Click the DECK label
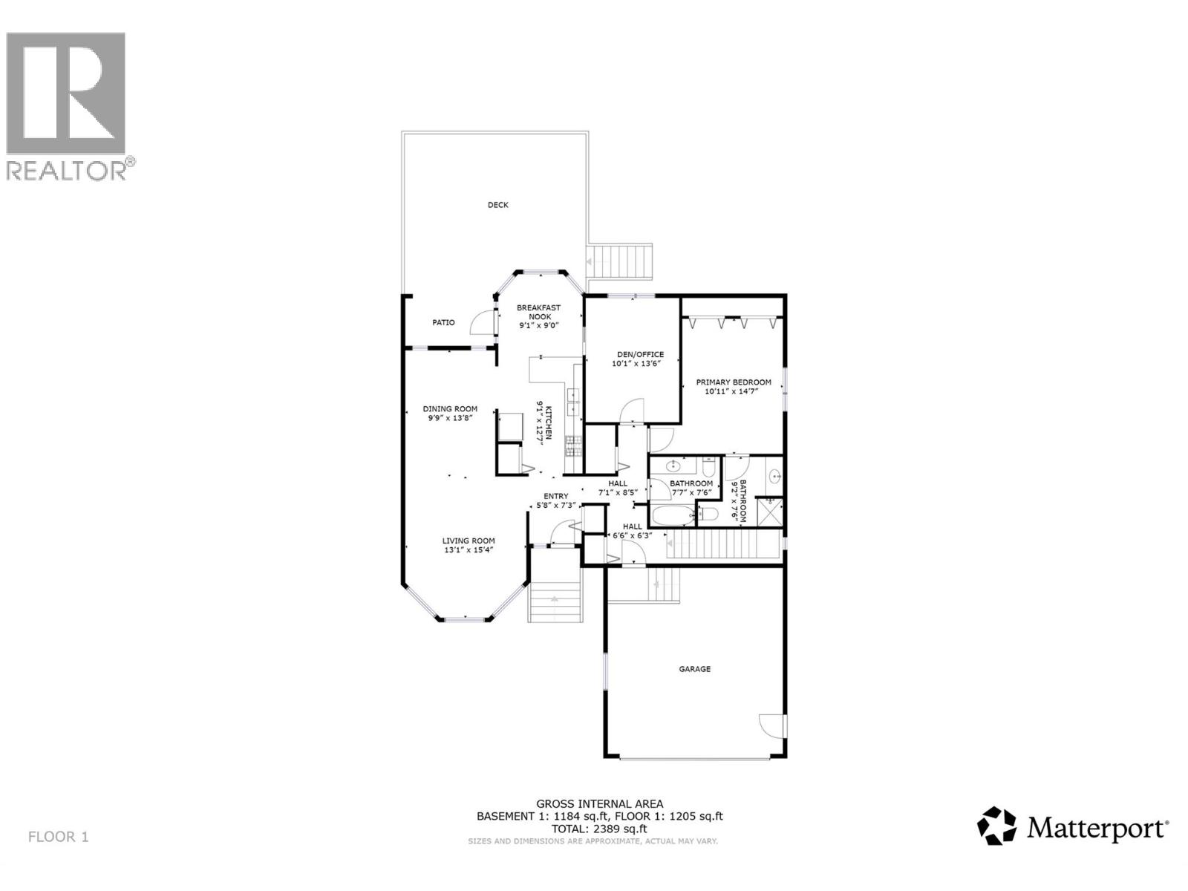[497, 205]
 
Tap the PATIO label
[443, 323]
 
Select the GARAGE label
[694, 669]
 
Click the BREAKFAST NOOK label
[539, 312]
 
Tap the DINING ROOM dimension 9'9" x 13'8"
[450, 418]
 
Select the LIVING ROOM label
[469, 541]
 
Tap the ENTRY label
[555, 496]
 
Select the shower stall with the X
[770, 512]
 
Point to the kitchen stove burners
[574, 446]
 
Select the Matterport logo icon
[996, 826]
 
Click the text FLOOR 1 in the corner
[58, 837]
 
